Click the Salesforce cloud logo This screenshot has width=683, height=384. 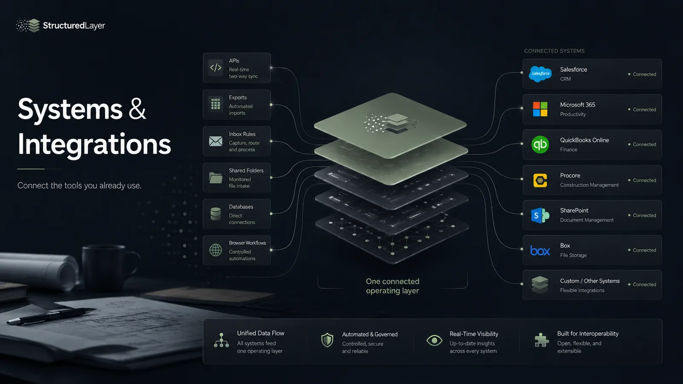[540, 74]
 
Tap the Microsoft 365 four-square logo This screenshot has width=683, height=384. [540, 109]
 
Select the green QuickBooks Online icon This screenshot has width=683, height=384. [540, 145]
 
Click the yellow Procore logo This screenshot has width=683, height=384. [540, 180]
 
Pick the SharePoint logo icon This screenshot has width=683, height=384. [540, 215]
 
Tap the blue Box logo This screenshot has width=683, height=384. [540, 250]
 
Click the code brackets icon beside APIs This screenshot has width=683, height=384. [216, 67]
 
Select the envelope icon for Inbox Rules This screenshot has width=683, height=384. [216, 141]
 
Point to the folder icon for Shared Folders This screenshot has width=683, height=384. [216, 177]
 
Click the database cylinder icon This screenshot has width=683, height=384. [216, 214]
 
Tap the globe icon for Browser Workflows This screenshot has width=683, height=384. [216, 250]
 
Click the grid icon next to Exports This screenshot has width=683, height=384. [216, 104]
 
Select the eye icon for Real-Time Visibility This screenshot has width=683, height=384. [434, 340]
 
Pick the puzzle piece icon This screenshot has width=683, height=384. [542, 340]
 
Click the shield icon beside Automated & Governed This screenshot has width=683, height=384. [327, 340]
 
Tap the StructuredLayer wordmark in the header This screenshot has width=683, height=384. [74, 26]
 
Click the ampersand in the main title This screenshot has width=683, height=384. [137, 109]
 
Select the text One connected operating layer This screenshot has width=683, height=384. [392, 286]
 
